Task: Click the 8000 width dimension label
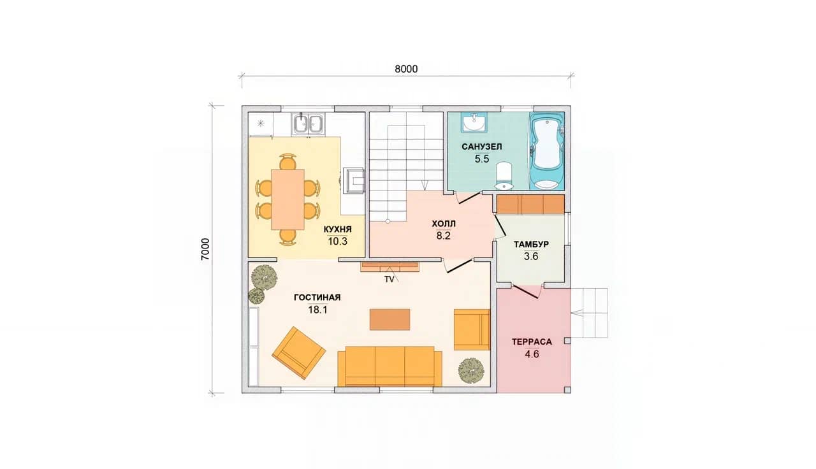pyautogui.click(x=406, y=69)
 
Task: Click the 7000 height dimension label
pyautogui.click(x=205, y=249)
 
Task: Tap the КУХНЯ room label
pyautogui.click(x=338, y=229)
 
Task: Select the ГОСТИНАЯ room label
pyautogui.click(x=317, y=298)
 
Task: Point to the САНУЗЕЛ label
pyautogui.click(x=481, y=147)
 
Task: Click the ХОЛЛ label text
pyautogui.click(x=443, y=224)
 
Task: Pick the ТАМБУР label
pyautogui.click(x=531, y=244)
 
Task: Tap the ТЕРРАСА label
pyautogui.click(x=532, y=342)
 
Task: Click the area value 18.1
pyautogui.click(x=317, y=310)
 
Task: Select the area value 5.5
pyautogui.click(x=481, y=159)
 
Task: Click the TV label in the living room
pyautogui.click(x=389, y=280)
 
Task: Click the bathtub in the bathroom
pyautogui.click(x=546, y=151)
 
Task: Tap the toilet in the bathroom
pyautogui.click(x=504, y=177)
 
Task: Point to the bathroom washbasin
pyautogui.click(x=474, y=122)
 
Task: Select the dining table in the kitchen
pyautogui.click(x=288, y=199)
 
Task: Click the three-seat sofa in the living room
pyautogui.click(x=390, y=366)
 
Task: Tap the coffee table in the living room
pyautogui.click(x=390, y=320)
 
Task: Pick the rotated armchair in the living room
pyautogui.click(x=299, y=353)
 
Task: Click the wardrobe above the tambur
pyautogui.click(x=531, y=205)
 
